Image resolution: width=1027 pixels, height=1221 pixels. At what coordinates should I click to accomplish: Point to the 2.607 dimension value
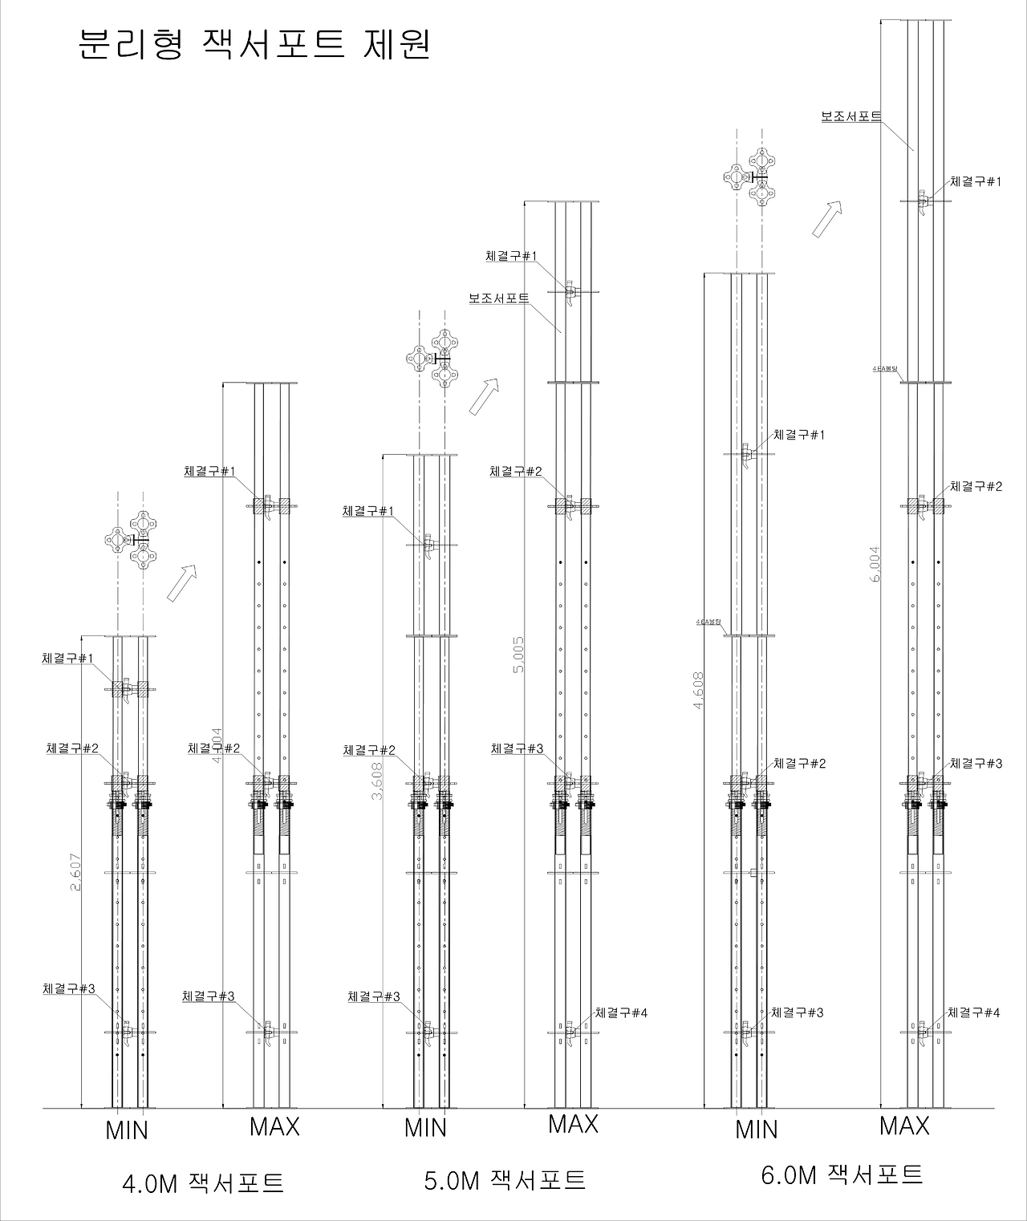(75, 870)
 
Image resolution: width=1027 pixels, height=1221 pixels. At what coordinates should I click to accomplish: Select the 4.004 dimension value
(217, 746)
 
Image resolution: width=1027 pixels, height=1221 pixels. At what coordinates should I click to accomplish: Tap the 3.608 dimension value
(376, 780)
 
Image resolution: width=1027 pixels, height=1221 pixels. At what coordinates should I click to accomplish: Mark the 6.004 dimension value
(875, 564)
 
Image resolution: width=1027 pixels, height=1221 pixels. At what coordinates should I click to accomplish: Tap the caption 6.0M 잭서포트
(842, 1175)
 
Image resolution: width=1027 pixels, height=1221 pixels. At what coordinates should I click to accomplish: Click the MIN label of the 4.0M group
(127, 1130)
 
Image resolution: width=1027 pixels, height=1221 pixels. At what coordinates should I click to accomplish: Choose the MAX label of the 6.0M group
(904, 1126)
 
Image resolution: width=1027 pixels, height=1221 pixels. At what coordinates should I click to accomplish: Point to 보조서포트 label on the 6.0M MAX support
(850, 116)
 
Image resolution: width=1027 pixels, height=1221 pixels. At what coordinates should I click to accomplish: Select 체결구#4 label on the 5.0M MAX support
(620, 1012)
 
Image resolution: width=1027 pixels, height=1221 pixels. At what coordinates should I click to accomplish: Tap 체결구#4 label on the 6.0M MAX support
(974, 1012)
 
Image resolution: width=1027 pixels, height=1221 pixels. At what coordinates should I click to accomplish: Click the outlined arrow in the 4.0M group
(182, 582)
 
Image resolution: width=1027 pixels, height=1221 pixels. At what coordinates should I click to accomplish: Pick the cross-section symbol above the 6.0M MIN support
(750, 176)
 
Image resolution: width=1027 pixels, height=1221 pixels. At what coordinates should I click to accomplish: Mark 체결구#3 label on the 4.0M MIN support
(69, 989)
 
